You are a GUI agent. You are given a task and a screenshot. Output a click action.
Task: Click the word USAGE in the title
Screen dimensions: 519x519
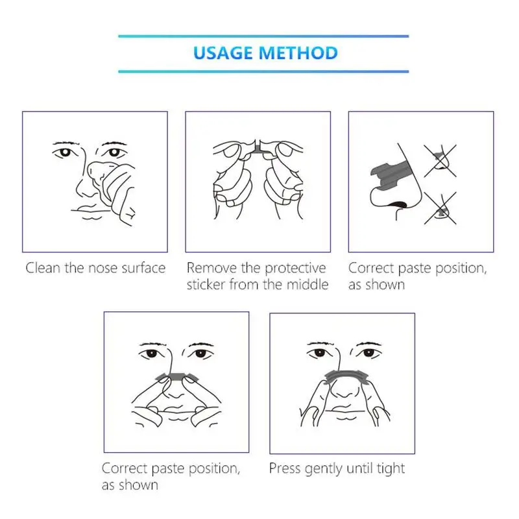point(223,53)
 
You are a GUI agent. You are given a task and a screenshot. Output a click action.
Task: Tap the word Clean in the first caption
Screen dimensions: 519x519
point(43,268)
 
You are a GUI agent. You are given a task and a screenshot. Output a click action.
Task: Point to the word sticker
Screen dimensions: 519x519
point(206,284)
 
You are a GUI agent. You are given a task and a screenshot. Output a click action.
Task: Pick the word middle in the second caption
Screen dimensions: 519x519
point(308,284)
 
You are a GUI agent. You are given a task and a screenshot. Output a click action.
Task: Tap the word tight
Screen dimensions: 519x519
point(391,469)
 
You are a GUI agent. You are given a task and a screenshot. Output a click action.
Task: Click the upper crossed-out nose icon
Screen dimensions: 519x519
point(441,161)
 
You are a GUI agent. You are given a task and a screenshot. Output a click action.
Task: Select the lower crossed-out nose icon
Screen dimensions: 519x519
point(441,208)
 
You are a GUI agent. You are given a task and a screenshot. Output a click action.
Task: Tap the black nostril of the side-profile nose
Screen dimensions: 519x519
point(398,204)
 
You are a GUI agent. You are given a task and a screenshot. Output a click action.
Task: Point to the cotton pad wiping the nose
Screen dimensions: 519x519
point(99,171)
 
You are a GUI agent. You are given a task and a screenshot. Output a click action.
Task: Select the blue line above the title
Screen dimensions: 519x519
point(263,36)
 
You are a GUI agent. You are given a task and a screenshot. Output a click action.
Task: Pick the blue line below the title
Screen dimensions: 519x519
point(263,71)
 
